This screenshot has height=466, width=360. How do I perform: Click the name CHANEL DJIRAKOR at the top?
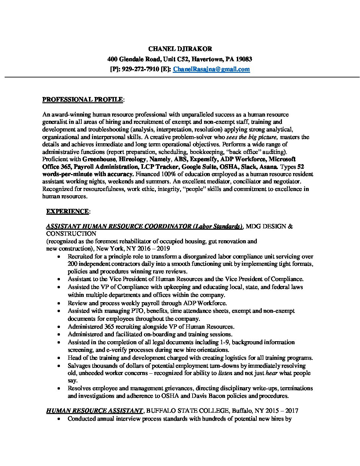coord(180,49)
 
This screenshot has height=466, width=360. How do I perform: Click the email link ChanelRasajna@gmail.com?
coord(211,69)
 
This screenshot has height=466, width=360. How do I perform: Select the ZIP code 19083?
coord(244,59)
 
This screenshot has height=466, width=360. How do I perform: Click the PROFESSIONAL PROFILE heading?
coord(83,99)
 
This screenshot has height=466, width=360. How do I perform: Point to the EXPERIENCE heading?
coord(67,211)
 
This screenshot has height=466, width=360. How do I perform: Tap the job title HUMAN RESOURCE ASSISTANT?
coord(94,411)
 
